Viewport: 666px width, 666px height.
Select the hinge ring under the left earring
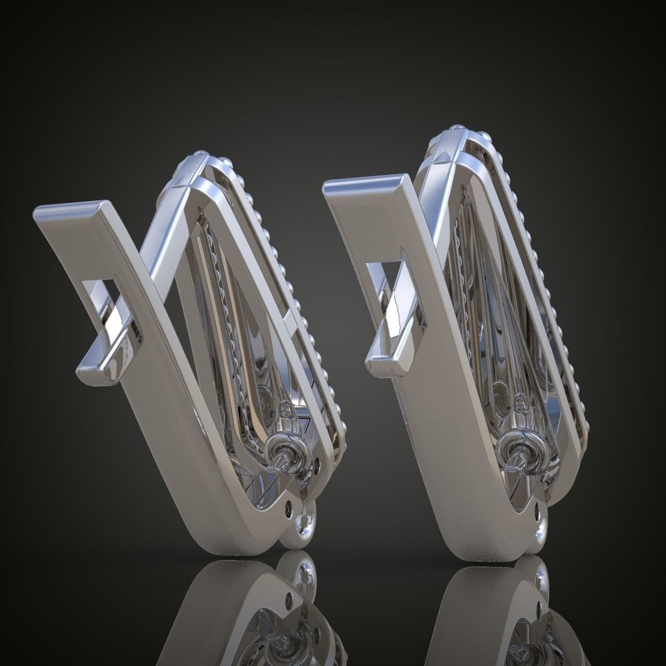click(x=300, y=525)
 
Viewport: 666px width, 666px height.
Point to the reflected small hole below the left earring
click(x=289, y=595)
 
